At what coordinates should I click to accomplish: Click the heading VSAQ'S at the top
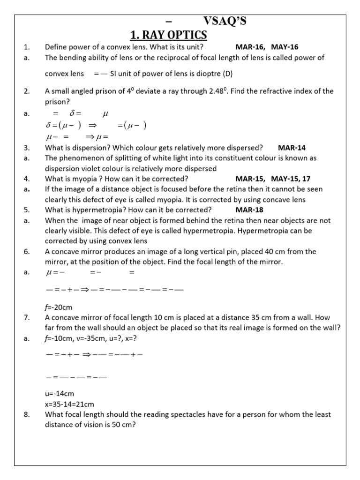coord(225,21)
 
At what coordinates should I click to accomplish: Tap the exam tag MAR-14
coord(292,148)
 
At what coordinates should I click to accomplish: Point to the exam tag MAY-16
coord(285,47)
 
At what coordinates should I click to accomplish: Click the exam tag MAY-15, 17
coord(291,179)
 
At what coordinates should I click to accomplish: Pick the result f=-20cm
coord(59,307)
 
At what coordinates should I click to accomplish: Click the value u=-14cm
coord(60,394)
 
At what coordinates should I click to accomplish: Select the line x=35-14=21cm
coord(69,404)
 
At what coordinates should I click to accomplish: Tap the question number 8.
coord(26,414)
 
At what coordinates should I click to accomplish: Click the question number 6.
coord(27,251)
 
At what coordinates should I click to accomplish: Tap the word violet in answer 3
coord(95,168)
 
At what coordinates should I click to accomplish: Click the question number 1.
coord(27,47)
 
